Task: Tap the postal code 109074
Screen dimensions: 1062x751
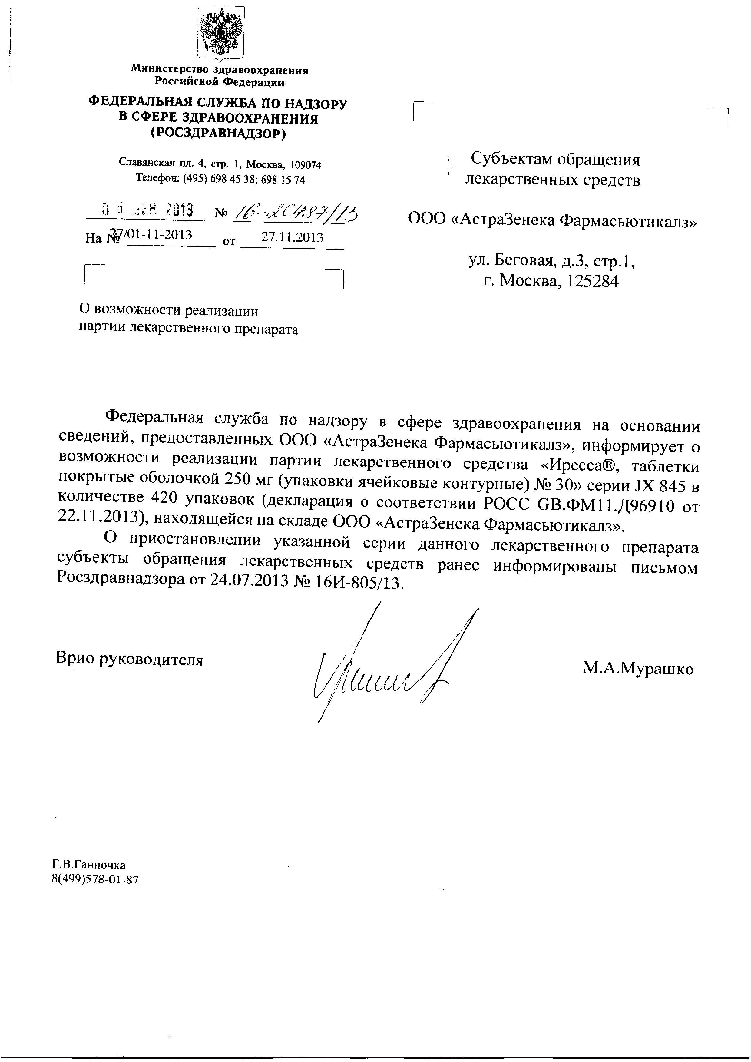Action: pos(303,165)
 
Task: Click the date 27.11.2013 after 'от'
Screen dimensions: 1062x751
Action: pos(292,237)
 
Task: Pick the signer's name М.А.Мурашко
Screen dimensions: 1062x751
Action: pos(638,669)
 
